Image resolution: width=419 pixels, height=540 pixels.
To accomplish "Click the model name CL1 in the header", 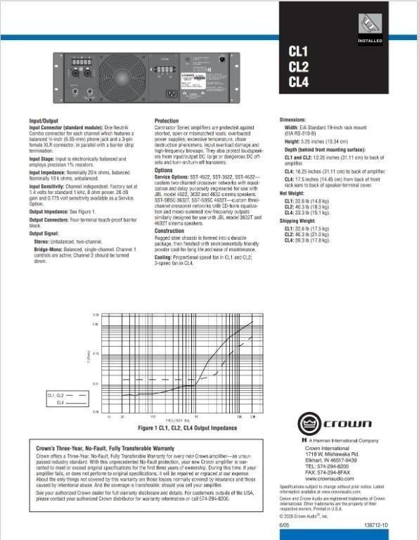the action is (299, 51).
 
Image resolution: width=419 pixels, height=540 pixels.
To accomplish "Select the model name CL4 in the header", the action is (299, 82).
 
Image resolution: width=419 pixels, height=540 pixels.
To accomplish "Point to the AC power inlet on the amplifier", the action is (170, 93).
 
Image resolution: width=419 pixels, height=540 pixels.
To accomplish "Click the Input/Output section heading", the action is (47, 121).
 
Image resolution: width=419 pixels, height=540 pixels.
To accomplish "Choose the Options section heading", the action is (164, 170).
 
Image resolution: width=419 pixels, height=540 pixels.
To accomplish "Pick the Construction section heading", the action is (169, 230).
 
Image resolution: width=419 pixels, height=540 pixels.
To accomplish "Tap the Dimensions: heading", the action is (293, 120).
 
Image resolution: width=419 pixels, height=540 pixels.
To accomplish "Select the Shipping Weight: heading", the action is (299, 222).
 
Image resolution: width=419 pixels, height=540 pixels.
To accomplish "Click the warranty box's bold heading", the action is (105, 448).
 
